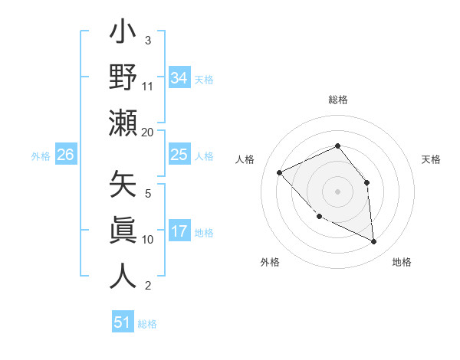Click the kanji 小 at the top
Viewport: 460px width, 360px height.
[x=123, y=35]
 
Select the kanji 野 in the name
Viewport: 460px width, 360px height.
[x=123, y=79]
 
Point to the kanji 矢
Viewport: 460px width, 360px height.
[x=123, y=186]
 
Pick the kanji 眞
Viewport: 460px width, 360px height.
[x=123, y=231]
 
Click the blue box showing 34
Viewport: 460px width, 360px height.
[x=179, y=77]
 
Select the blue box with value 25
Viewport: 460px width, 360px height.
[x=179, y=155]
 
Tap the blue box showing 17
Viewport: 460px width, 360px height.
[x=179, y=231]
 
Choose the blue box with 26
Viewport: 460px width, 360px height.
[x=65, y=155]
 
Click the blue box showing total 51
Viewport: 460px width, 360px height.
[x=122, y=322]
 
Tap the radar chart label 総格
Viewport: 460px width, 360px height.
[x=337, y=100]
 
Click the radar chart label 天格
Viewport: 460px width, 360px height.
[x=431, y=159]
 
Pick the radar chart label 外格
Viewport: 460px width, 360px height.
[x=270, y=262]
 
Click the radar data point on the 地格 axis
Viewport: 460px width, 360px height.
[x=374, y=242]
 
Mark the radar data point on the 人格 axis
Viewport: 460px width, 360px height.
[x=280, y=172]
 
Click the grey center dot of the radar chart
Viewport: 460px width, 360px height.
[x=337, y=191]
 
